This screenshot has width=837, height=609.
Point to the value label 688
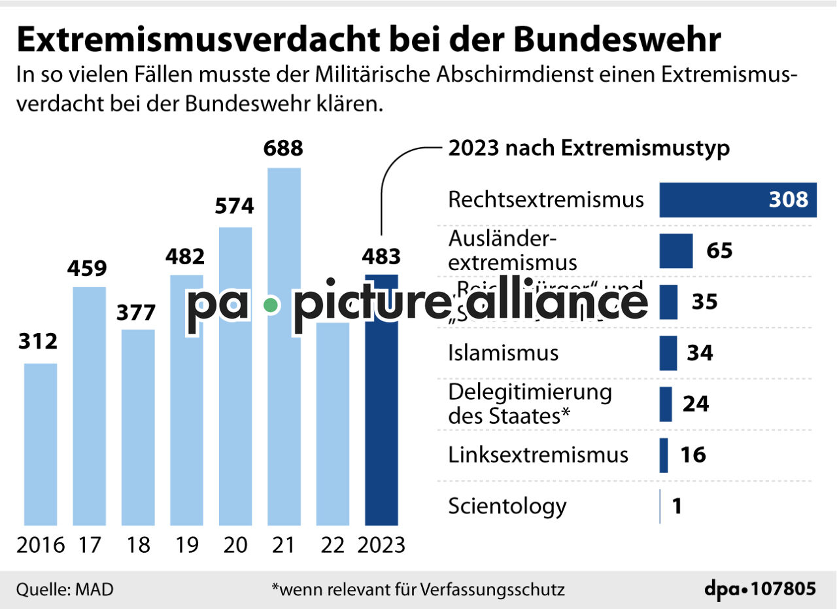[283, 148]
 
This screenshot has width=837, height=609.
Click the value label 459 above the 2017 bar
[89, 268]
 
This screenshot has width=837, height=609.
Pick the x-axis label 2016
[41, 545]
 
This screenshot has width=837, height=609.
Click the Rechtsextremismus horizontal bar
[738, 200]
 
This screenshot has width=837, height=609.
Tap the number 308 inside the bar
[789, 200]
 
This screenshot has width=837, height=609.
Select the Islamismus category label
[503, 353]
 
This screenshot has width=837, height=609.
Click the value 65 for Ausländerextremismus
[719, 251]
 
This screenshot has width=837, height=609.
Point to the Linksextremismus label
[538, 455]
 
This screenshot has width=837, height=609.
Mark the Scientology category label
[507, 506]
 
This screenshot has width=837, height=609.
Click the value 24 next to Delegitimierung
[696, 404]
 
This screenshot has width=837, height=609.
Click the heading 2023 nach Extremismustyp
[589, 148]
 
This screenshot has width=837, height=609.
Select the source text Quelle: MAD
[65, 589]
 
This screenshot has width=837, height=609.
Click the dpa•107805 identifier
[760, 589]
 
